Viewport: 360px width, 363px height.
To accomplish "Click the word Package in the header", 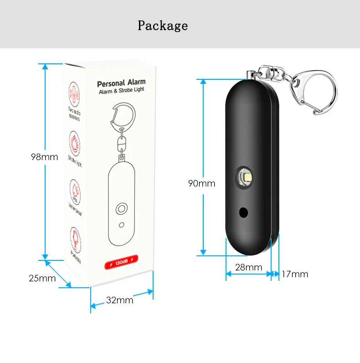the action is tap(163, 26).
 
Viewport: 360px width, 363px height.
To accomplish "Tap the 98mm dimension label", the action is tap(44, 157).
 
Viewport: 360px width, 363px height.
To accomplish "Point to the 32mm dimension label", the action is tap(119, 300).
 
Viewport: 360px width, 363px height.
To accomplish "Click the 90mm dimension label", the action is tap(201, 184).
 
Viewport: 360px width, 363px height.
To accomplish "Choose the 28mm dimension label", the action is tap(248, 268).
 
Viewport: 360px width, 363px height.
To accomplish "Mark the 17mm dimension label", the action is tap(295, 274).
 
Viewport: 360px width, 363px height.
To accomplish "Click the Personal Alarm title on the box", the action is tap(121, 83).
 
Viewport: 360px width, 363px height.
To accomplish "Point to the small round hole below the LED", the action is tap(244, 213).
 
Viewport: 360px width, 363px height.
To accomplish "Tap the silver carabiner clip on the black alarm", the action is tap(314, 90).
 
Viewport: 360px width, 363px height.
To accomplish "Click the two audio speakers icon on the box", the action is tap(73, 92).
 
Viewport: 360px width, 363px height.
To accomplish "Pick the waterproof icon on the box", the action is tap(74, 189).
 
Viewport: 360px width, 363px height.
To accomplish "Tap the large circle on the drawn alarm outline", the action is tap(121, 209).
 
